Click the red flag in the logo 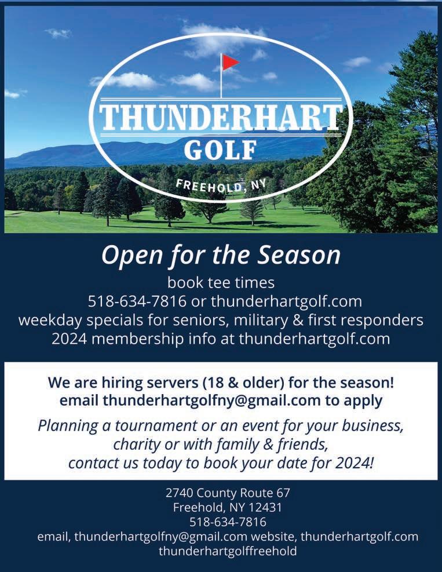230,61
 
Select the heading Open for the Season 221,256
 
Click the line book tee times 221,283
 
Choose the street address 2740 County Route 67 228,493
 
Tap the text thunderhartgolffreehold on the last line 228,551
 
